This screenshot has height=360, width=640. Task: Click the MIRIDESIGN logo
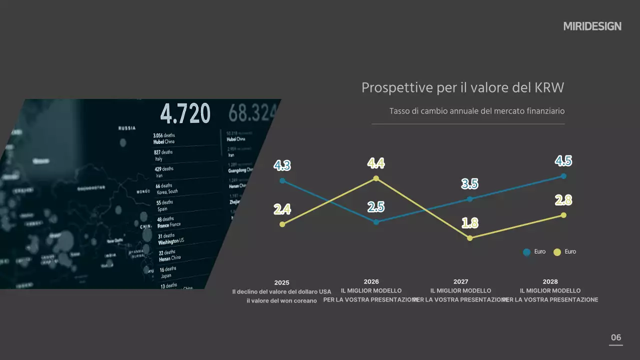pos(592,26)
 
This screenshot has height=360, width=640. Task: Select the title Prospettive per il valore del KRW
pos(462,88)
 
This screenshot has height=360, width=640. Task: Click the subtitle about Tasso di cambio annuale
pos(476,111)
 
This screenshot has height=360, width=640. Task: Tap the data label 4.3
pos(282,165)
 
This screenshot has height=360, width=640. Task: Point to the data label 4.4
pos(376,163)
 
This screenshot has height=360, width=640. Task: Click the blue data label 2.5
pos(375,206)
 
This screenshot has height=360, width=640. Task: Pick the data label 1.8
pos(469,223)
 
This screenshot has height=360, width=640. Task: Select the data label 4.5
pos(563,161)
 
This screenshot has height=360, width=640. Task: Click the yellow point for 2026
pos(376,178)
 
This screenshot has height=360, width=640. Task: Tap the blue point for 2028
pos(563,176)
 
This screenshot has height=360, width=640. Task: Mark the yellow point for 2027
pos(469,238)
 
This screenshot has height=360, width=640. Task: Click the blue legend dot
pos(526,252)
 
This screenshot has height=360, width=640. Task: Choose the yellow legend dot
pos(557,252)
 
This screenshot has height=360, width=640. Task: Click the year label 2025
pos(281,282)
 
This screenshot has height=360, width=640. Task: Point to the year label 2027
pos(460,282)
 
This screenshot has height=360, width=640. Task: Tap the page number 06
pos(616,337)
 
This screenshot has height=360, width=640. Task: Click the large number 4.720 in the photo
pos(185,114)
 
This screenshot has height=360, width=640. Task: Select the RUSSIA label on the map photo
pos(126,128)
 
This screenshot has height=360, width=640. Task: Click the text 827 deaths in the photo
pos(163,152)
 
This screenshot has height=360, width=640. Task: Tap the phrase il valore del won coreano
pos(281,300)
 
